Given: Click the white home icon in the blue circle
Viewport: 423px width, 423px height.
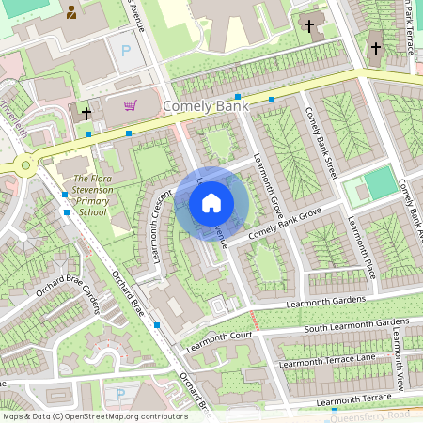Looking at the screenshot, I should tap(211, 202).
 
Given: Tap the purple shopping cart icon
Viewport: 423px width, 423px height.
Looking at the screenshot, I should tap(130, 104).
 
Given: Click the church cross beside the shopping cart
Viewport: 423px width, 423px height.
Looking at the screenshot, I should tap(86, 113).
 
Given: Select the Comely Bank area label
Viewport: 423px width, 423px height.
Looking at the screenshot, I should tap(206, 106).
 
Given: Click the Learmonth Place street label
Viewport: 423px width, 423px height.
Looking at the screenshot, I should tap(362, 246).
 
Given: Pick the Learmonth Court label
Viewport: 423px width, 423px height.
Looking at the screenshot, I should tap(220, 337).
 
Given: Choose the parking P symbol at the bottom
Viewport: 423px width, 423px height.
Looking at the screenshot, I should tap(119, 394).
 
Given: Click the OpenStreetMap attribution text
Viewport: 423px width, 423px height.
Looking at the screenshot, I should tap(94, 416).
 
